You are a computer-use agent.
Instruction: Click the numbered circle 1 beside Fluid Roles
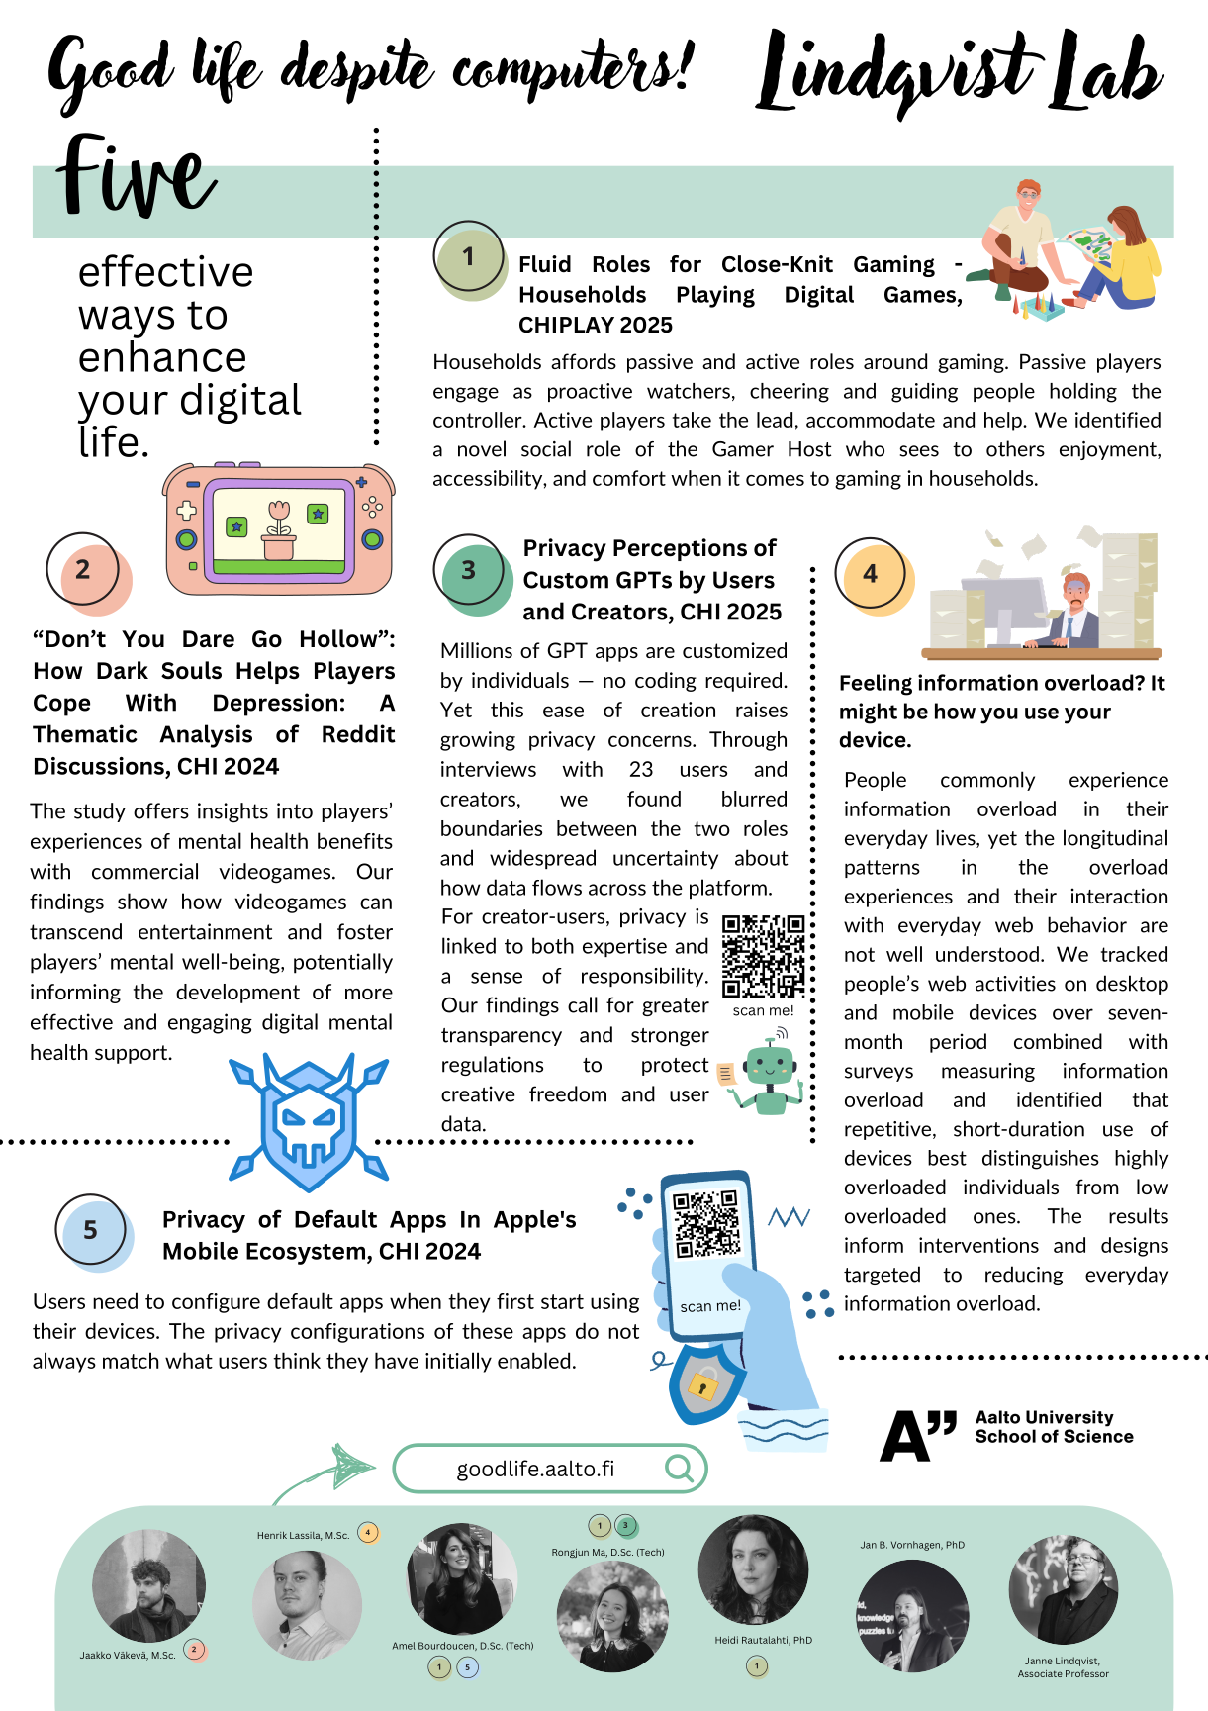point(469,258)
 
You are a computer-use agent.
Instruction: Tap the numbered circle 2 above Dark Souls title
point(83,570)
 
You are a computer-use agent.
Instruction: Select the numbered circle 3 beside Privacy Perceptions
point(469,571)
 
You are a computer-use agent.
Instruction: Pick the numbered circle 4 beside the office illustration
point(871,574)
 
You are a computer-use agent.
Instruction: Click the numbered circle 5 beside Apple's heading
point(91,1230)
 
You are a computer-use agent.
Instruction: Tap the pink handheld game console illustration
point(279,528)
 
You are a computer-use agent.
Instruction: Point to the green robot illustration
point(769,1075)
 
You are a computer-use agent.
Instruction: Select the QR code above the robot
point(763,956)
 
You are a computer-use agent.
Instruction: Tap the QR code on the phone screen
point(706,1224)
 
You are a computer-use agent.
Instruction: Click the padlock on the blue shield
point(703,1383)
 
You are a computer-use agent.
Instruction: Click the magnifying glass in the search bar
point(680,1468)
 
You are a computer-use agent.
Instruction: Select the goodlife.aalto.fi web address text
point(535,1469)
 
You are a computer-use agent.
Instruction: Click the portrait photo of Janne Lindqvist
point(1064,1589)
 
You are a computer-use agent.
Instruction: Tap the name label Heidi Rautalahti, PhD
point(764,1640)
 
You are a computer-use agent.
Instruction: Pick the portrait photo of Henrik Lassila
point(308,1604)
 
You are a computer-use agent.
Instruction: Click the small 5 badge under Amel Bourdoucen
point(468,1667)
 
